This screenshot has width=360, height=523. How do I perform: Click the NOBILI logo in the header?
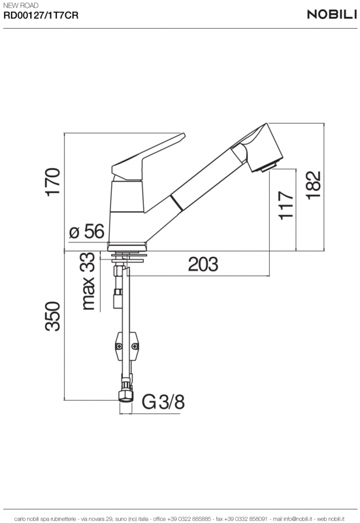pos(332,14)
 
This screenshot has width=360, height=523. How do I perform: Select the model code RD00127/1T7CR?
pos(41,15)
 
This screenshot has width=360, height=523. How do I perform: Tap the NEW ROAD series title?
pos(21,5)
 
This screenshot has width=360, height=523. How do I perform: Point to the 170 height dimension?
pos(53,182)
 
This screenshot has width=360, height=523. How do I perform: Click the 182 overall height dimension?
pos(314,185)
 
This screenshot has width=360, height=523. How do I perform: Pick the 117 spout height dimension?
pos(286,205)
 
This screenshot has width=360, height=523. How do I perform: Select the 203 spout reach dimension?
pos(203,264)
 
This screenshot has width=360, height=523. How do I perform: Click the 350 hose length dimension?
pos(53,316)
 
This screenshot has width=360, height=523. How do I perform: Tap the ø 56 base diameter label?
pos(87,231)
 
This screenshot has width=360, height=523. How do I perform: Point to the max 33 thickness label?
pos(88,281)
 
